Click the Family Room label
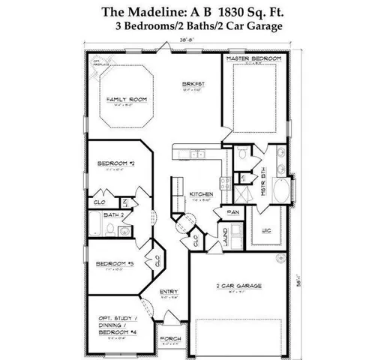pyautogui.click(x=125, y=99)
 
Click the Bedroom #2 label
pyautogui.click(x=115, y=162)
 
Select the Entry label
pyautogui.click(x=169, y=291)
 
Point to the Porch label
pyautogui.click(x=170, y=338)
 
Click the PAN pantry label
pyautogui.click(x=233, y=212)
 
